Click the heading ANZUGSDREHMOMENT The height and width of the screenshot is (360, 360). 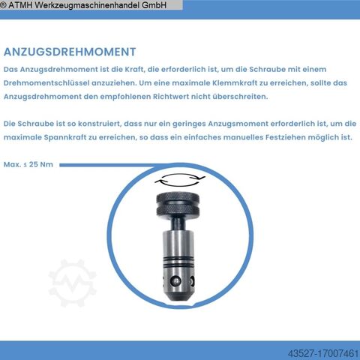tap(70, 52)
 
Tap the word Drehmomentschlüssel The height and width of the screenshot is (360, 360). tap(46, 83)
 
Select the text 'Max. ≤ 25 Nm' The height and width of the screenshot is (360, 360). tap(28, 164)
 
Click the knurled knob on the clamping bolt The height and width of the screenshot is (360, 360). tap(178, 205)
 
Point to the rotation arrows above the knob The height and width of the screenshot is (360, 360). tap(180, 179)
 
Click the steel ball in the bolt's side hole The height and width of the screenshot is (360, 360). tap(175, 281)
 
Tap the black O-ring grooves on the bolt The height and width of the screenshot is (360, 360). tap(178, 260)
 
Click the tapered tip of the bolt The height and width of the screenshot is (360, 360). tap(178, 297)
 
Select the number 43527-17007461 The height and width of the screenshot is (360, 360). tap(323, 353)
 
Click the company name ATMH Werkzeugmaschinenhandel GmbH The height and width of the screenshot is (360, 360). tap(88, 5)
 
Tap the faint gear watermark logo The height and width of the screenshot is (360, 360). tap(72, 283)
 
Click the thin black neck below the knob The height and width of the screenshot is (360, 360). tap(178, 223)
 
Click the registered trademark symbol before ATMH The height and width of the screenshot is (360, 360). tap(3, 5)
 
